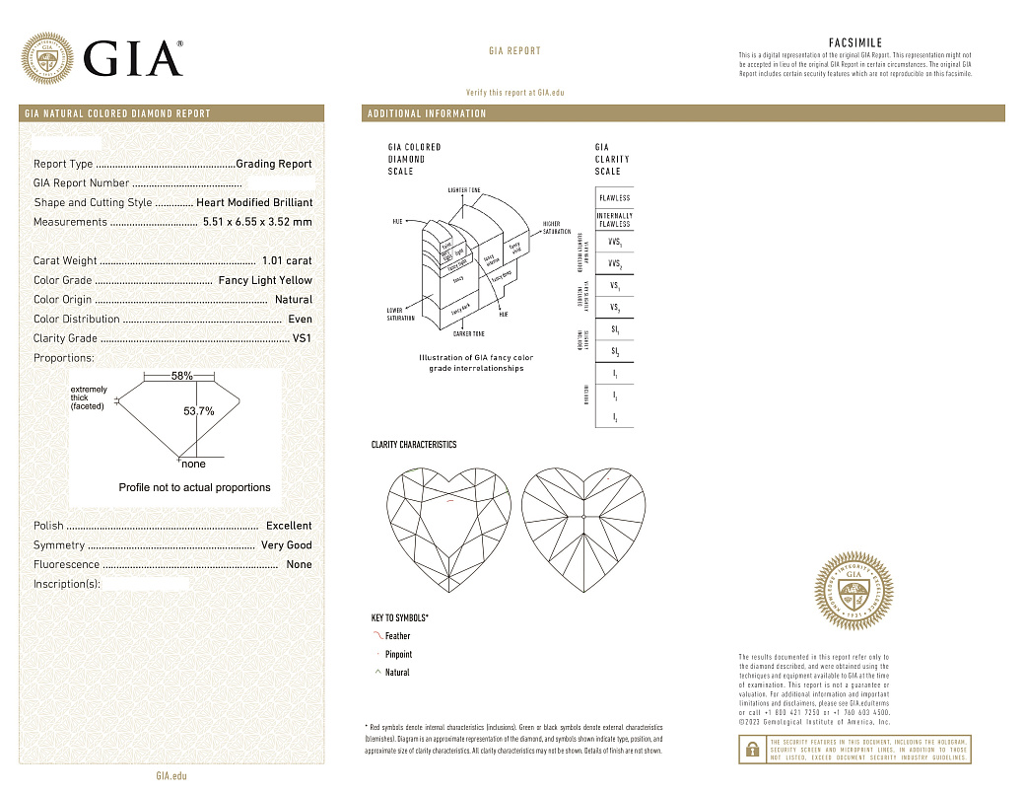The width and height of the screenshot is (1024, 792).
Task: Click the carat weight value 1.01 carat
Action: coord(287,261)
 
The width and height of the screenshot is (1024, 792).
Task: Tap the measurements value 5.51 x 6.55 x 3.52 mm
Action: coord(257,222)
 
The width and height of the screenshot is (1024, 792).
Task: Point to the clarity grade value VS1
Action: coord(302,338)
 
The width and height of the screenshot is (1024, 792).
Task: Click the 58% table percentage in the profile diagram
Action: coord(181,377)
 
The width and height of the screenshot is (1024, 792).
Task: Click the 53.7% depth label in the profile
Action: coord(199,411)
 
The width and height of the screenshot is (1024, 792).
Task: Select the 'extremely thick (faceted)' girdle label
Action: coord(89,397)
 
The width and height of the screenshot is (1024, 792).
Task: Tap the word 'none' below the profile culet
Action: coord(194,464)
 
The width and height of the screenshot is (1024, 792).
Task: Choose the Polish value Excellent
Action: coord(289,526)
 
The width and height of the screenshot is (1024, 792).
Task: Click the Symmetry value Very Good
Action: coord(286,545)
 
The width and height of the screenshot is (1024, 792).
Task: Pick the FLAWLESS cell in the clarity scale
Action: coord(614,198)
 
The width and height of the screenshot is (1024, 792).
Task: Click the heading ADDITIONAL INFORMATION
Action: coord(427,113)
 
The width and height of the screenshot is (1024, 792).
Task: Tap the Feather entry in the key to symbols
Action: coord(397,636)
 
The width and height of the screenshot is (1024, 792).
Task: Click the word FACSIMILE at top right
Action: coord(854,43)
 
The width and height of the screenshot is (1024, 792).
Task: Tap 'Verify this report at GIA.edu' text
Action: coord(514,92)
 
